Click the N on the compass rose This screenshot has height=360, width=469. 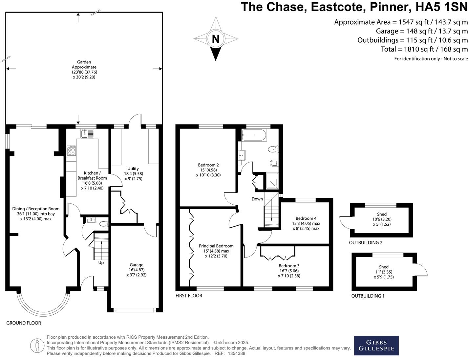(x=215, y=39)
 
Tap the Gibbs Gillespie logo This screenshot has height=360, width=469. (x=376, y=345)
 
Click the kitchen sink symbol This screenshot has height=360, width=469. (x=87, y=133)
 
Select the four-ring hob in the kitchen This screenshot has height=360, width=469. (x=71, y=150)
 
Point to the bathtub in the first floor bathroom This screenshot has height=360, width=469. (x=254, y=135)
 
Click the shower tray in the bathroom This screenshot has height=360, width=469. (x=272, y=181)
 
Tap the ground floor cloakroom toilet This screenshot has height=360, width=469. (x=103, y=224)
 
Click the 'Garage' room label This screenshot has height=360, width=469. (x=136, y=265)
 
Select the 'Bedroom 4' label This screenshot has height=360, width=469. (x=306, y=218)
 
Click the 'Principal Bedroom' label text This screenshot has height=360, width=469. (x=216, y=246)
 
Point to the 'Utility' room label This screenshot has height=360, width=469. (x=133, y=169)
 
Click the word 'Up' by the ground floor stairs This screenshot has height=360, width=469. (x=101, y=262)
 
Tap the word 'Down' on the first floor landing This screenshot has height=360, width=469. (x=257, y=199)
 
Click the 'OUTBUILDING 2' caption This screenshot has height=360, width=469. (x=366, y=243)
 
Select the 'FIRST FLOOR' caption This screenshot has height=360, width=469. (x=189, y=296)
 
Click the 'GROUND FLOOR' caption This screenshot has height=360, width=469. (x=24, y=323)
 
